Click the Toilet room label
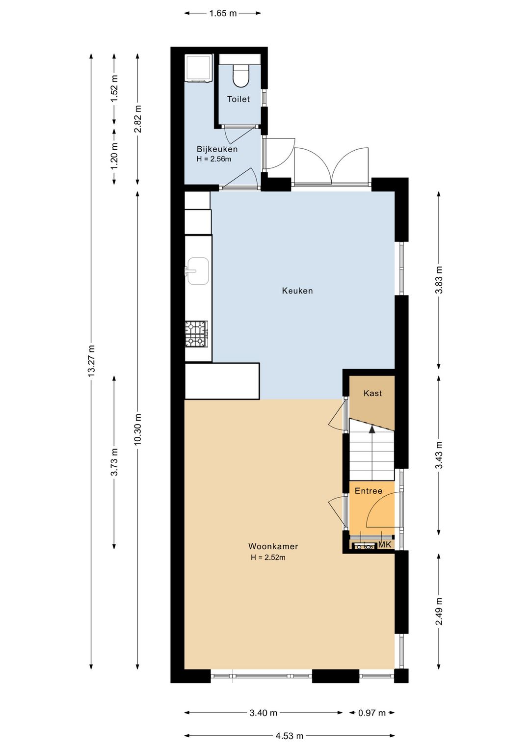point(238,99)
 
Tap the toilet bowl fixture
point(240,76)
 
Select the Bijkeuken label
point(217,149)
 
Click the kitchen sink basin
point(198,271)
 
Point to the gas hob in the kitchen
point(197,334)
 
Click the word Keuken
point(297,291)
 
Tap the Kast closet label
point(372,393)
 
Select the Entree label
point(369,491)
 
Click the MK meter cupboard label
point(385,545)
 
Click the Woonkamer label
point(273,546)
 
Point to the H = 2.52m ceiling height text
point(268,558)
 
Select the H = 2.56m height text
point(213,159)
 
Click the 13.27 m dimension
point(91,361)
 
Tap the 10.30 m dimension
point(138,429)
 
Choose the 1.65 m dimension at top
point(223,13)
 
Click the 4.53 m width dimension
point(290,733)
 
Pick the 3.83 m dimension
point(439,280)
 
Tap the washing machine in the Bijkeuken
point(199,69)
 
